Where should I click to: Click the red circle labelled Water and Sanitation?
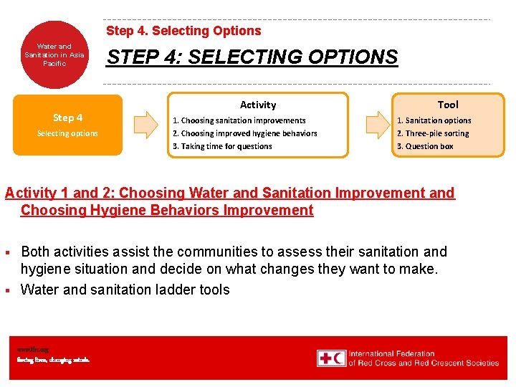click(54, 55)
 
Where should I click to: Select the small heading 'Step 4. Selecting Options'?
click(183, 31)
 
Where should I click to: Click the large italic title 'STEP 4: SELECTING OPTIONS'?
click(252, 57)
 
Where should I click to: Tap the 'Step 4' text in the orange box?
click(67, 118)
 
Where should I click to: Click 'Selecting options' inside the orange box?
click(67, 133)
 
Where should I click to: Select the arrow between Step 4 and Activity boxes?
click(146, 125)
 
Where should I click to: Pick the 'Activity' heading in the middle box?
click(258, 105)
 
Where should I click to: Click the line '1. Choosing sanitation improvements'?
click(239, 120)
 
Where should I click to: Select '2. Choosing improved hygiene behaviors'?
click(245, 133)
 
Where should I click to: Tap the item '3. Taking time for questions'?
click(223, 146)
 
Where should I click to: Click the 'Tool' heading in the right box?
click(447, 105)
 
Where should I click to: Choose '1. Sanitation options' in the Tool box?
click(434, 120)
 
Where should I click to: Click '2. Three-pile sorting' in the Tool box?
click(433, 133)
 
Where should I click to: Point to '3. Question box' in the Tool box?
click(425, 146)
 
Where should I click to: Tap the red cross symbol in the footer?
click(325, 358)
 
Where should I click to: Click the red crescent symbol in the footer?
click(338, 358)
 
